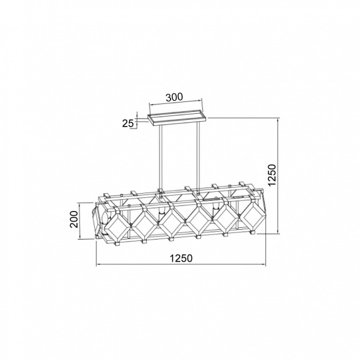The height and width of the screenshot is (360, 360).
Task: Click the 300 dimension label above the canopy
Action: click(x=174, y=97)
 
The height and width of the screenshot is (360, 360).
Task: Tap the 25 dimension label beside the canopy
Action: click(x=127, y=123)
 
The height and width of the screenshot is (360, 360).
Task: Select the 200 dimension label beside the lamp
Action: click(x=74, y=219)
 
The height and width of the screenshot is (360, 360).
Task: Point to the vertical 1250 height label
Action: click(x=272, y=175)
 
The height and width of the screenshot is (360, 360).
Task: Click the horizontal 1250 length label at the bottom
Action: click(x=181, y=259)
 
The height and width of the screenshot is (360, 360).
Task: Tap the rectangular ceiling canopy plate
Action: click(x=177, y=118)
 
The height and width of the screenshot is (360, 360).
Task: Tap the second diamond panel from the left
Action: click(x=145, y=224)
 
